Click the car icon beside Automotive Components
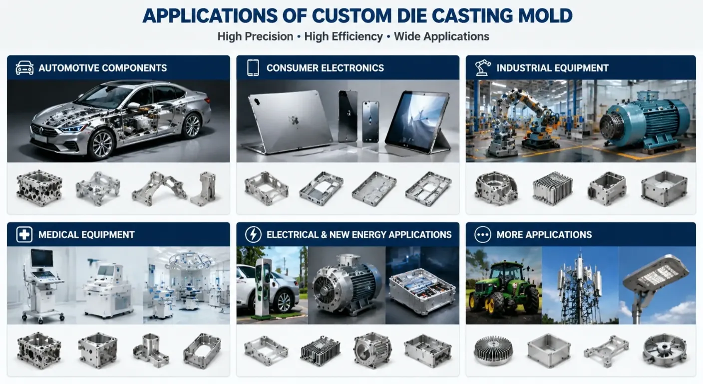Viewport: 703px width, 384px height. click(24, 67)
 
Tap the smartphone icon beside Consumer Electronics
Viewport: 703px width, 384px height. click(253, 67)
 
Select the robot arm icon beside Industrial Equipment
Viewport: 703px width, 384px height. click(483, 67)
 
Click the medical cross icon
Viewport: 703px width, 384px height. click(24, 234)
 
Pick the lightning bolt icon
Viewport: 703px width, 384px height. click(253, 234)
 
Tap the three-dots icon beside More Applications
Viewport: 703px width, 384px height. click(483, 234)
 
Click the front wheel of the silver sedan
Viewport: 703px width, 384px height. click(101, 144)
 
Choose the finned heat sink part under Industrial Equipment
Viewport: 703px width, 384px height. click(553, 188)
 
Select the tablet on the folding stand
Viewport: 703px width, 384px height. click(418, 122)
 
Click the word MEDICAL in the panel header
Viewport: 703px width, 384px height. click(58, 234)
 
